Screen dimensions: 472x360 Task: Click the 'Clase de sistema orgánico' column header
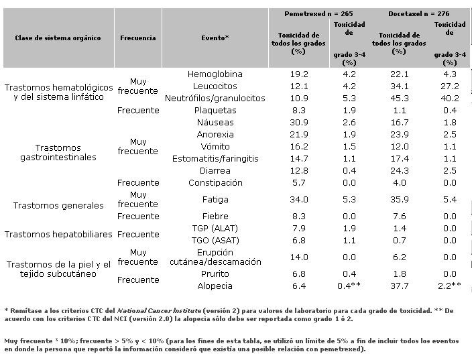point(58,38)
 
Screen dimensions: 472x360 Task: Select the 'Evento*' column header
point(215,38)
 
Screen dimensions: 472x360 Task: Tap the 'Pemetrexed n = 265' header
point(318,14)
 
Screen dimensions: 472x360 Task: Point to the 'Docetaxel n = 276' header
point(419,14)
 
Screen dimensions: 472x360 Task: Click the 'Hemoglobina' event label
point(215,74)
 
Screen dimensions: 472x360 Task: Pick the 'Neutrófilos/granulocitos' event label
point(215,99)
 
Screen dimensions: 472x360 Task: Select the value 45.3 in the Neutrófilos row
point(400,99)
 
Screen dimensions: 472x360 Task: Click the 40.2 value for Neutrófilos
point(450,99)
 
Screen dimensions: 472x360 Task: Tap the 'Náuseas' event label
point(215,123)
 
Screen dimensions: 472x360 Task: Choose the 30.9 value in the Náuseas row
point(299,123)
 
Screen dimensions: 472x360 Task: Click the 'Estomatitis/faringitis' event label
point(215,159)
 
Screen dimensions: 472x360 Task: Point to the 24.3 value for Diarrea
point(400,171)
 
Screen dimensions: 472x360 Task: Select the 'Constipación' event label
point(215,183)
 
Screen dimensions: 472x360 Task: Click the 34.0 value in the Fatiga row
point(299,200)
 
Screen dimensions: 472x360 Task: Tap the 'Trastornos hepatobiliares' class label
point(58,234)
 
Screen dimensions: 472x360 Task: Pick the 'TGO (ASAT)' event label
point(215,241)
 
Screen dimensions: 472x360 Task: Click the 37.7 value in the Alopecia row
point(400,286)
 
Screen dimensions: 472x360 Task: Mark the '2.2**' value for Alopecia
point(450,286)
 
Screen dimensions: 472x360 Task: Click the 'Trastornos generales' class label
point(58,206)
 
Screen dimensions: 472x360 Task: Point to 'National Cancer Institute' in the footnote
point(159,310)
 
